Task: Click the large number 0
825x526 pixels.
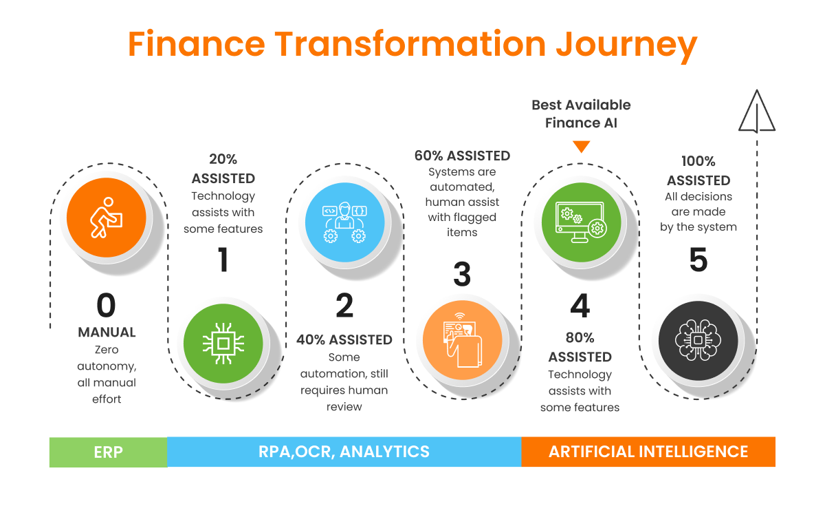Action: tap(106, 305)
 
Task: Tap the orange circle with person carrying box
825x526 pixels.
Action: tap(106, 217)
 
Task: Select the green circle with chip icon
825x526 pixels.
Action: tap(223, 342)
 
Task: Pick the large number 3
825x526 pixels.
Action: tap(462, 274)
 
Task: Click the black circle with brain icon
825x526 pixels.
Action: tap(698, 339)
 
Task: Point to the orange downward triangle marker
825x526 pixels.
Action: tap(582, 146)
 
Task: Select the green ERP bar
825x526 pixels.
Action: tap(108, 452)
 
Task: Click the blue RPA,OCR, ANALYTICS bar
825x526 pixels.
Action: tap(344, 452)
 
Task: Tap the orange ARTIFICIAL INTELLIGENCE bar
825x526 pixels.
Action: tap(648, 452)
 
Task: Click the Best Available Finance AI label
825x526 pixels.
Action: tap(581, 114)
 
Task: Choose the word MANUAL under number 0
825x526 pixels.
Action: tap(107, 333)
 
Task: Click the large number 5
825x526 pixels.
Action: tap(698, 260)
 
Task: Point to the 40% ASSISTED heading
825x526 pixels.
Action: tap(344, 339)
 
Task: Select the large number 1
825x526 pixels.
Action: tap(223, 260)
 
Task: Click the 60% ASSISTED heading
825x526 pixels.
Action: tap(462, 156)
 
